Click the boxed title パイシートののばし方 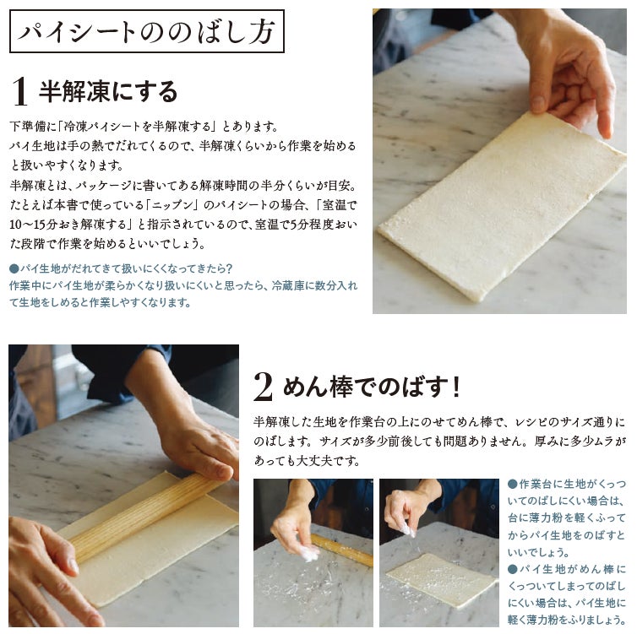point(147,31)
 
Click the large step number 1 point(19,92)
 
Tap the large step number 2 point(263,387)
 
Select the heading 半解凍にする point(108,91)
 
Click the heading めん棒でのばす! point(372,387)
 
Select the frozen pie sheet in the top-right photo point(502,207)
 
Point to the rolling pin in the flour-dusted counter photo point(341,550)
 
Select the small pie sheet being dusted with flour point(442,574)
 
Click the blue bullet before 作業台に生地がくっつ point(512,484)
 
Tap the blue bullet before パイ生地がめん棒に point(512,569)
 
